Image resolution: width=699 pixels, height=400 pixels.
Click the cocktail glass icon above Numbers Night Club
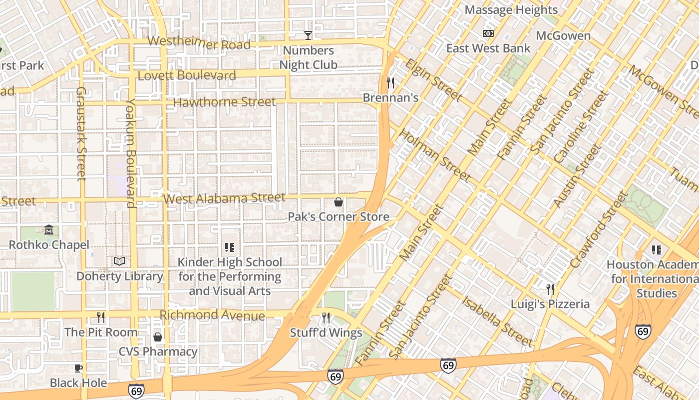[308, 35]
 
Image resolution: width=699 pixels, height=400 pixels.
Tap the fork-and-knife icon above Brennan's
[390, 82]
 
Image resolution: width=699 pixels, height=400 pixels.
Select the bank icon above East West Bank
[488, 33]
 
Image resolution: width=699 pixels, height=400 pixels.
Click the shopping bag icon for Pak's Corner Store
[338, 202]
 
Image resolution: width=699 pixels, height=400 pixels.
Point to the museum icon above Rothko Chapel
[49, 230]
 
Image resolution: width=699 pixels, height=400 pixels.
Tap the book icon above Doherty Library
[119, 261]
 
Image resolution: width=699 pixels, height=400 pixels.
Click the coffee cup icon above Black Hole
[78, 368]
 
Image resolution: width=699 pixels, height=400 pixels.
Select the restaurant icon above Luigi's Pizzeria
[550, 289]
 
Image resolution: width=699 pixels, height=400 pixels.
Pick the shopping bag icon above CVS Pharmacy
[158, 337]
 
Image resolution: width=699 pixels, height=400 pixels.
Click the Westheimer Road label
[199, 43]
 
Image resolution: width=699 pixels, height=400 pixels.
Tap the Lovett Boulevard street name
[186, 75]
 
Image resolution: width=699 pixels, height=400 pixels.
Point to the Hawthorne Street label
[224, 102]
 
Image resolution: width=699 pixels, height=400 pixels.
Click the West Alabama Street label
[224, 198]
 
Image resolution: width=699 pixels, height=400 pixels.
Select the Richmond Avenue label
[212, 315]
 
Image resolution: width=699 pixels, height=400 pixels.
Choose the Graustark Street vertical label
[81, 133]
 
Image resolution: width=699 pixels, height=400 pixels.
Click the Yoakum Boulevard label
[130, 152]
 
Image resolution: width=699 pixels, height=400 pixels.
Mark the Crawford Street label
[598, 230]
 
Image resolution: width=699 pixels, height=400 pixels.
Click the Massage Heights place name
[511, 10]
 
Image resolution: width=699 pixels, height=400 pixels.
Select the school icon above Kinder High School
[230, 247]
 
